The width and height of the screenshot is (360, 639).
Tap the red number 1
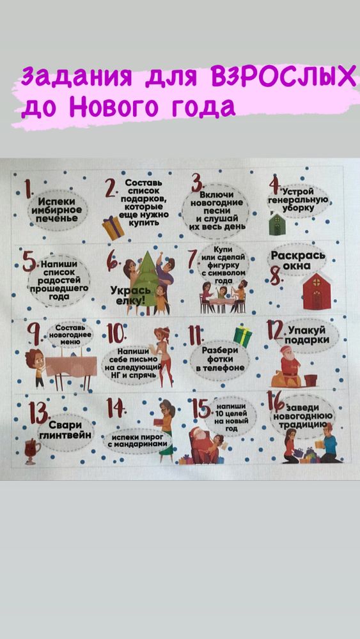pos(29,190)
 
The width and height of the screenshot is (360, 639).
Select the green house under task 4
pos(276,224)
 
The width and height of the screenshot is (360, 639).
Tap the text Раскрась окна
pos(298,261)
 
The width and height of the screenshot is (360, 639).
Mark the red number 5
pos(28,263)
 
